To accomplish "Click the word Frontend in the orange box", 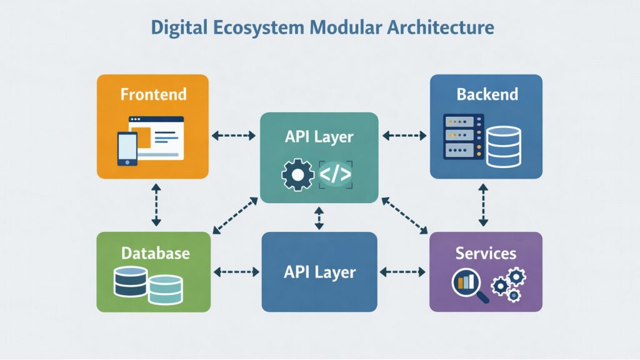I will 153,94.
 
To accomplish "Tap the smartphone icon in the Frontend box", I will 127,149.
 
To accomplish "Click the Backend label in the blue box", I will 487,94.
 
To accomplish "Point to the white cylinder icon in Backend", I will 504,147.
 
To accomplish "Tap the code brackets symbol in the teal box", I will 336,174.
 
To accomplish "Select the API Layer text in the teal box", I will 319,136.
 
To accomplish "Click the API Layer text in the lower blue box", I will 319,272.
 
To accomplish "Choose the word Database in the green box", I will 155,253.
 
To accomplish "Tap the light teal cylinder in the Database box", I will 165,289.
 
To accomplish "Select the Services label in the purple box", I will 486,253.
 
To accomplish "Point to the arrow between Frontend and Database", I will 156,206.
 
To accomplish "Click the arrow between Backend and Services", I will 482,206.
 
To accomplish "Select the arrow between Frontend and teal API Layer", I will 234,135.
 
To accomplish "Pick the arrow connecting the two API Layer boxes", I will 319,218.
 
